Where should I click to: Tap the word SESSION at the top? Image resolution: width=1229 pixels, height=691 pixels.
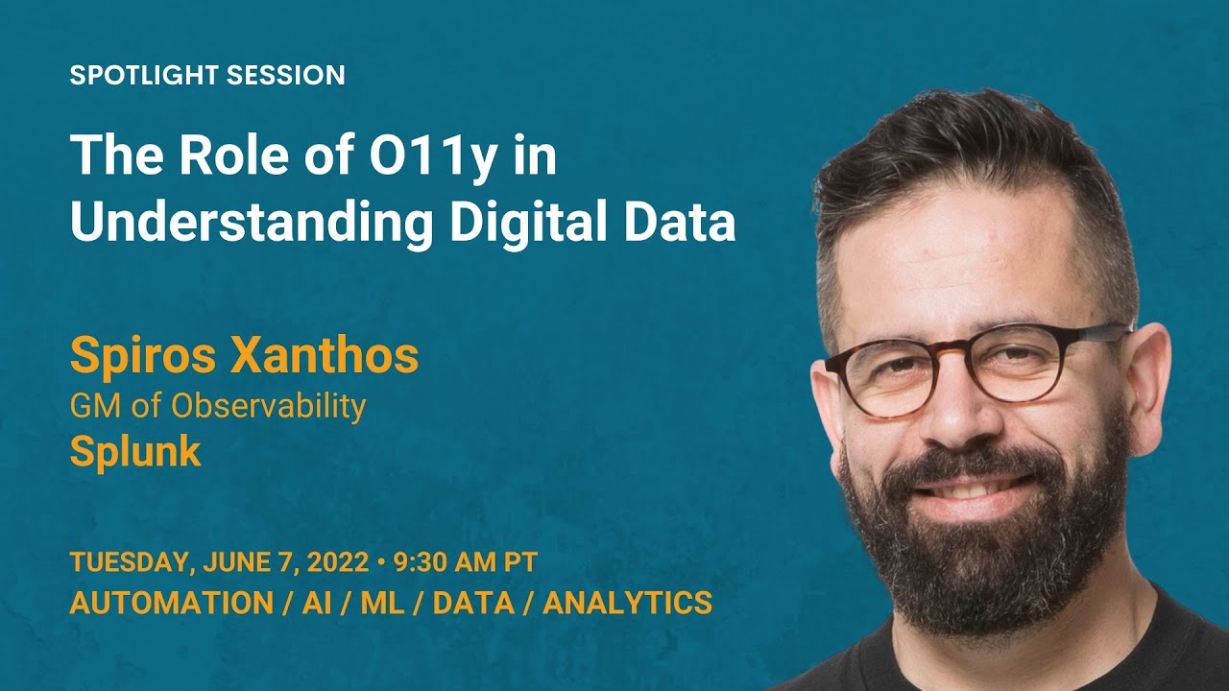pyautogui.click(x=295, y=76)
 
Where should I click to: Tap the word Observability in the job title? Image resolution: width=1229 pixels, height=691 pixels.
pyautogui.click(x=268, y=406)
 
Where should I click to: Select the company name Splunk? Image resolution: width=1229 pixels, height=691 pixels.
pyautogui.click(x=135, y=451)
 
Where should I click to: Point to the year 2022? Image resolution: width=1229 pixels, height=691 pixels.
pyautogui.click(x=334, y=562)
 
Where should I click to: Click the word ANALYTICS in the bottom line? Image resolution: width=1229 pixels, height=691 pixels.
pyautogui.click(x=634, y=603)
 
